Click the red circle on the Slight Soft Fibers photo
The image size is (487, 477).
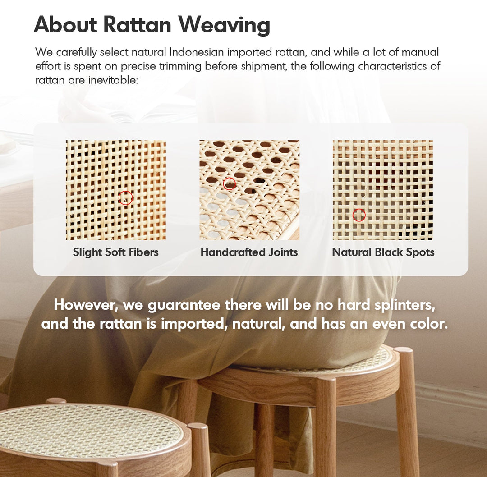pyautogui.click(x=125, y=197)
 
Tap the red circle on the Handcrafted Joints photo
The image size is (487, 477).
pyautogui.click(x=230, y=183)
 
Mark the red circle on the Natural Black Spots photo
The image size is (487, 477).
pyautogui.click(x=359, y=215)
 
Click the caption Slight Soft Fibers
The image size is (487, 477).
pyautogui.click(x=115, y=252)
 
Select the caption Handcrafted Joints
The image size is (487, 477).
pyautogui.click(x=249, y=252)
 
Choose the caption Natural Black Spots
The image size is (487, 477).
pyautogui.click(x=383, y=252)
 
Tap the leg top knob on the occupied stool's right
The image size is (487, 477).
pyautogui.click(x=404, y=350)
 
